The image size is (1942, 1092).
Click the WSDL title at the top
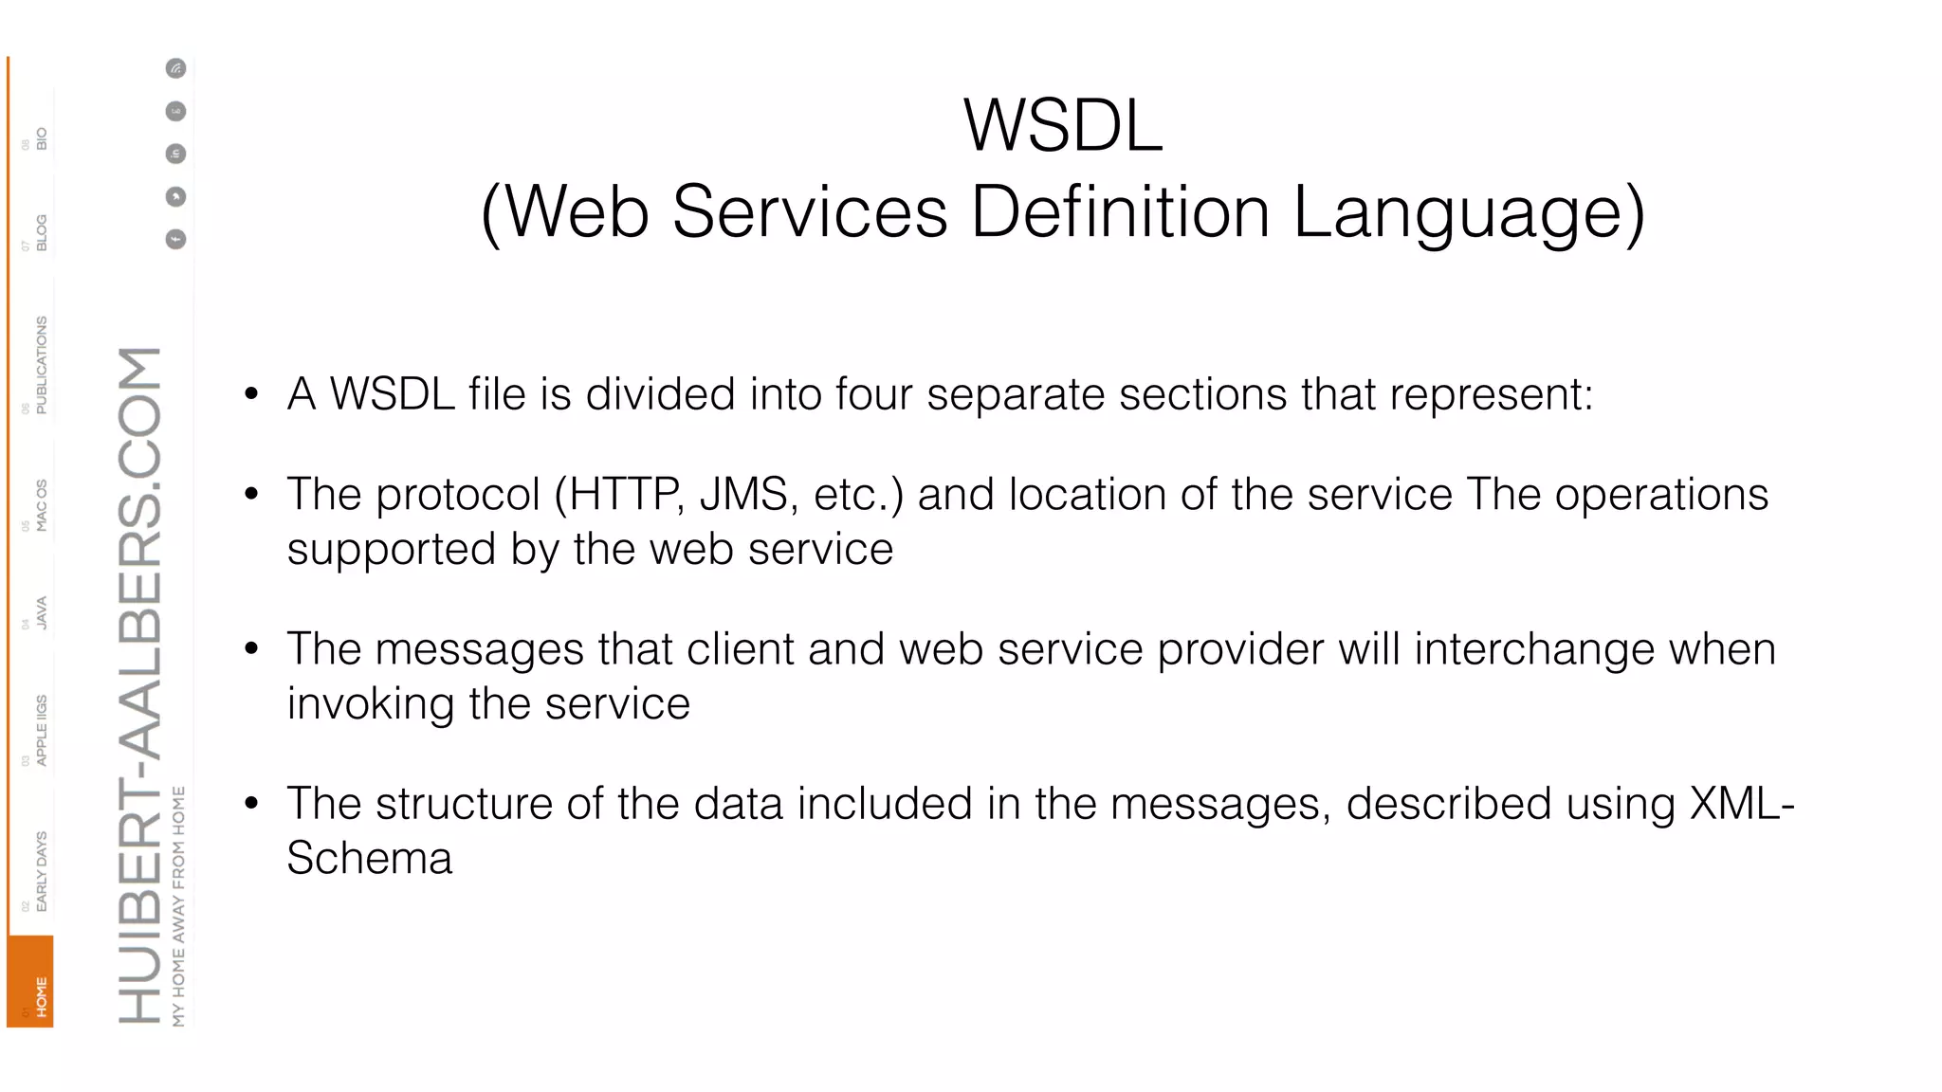1063,125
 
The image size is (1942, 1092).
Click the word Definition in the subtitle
1121,211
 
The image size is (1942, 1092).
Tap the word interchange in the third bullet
1534,649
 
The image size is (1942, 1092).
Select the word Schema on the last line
370,859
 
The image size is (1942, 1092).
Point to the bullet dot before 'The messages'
251,648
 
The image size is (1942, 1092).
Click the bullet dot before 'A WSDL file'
251,393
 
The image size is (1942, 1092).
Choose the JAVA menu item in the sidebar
41,612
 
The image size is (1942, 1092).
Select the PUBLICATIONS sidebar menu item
41,365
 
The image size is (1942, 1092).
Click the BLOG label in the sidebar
41,232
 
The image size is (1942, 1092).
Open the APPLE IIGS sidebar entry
41,730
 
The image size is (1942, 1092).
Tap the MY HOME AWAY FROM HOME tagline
179,905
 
